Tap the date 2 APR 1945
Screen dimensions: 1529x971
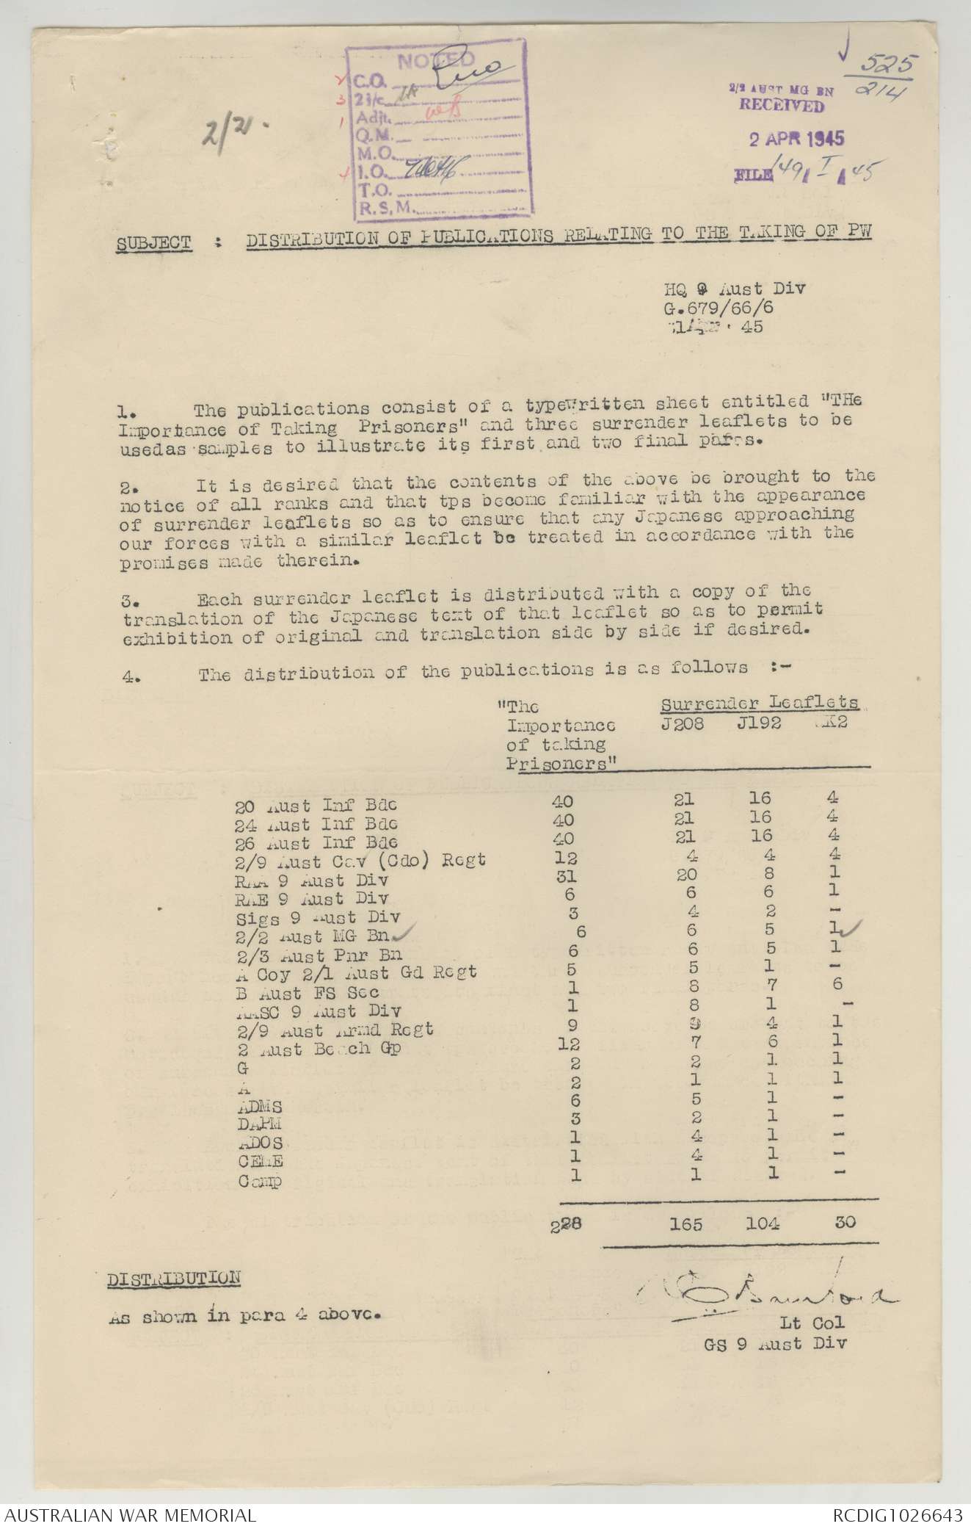(x=796, y=139)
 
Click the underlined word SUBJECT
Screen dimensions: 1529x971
(x=153, y=243)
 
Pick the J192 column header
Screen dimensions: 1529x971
(x=759, y=723)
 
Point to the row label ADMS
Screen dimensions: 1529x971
(x=260, y=1106)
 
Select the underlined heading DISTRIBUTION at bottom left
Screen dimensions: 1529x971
(x=173, y=1279)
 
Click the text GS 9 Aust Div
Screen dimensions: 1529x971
(x=774, y=1343)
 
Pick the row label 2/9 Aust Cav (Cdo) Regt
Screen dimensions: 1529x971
(x=360, y=860)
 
